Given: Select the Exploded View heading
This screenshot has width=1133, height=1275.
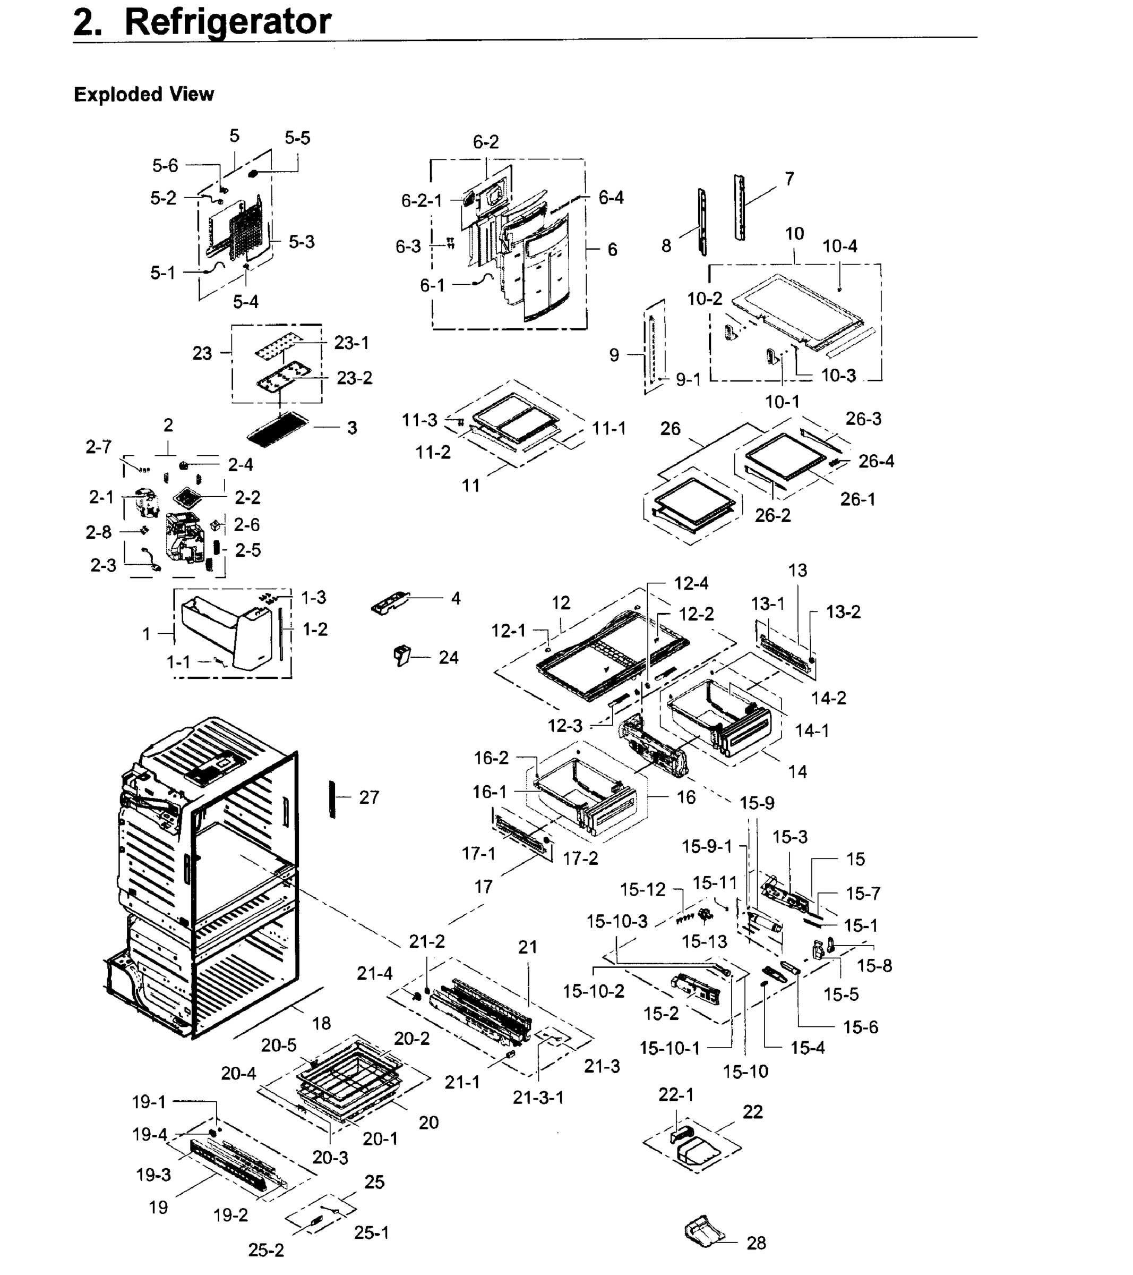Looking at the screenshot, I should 143,94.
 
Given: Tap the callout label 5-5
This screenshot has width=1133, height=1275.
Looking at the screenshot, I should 297,138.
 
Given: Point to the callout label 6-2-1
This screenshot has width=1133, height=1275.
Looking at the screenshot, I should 422,200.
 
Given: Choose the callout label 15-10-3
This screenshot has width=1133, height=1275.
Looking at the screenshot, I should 617,921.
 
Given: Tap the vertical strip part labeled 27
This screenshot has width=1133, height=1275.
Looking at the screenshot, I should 332,798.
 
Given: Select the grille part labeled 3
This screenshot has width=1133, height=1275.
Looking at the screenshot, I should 278,427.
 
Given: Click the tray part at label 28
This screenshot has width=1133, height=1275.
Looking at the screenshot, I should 705,1231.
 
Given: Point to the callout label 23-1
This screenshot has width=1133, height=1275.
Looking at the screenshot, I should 351,343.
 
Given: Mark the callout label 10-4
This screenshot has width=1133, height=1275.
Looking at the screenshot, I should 840,246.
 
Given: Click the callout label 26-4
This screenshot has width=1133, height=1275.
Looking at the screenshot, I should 876,461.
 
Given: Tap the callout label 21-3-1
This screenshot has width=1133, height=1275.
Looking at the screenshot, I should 538,1097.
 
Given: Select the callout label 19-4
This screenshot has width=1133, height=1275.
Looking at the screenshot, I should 150,1134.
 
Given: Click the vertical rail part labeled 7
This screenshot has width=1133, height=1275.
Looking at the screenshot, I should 740,207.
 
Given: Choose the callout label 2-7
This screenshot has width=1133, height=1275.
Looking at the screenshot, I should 99,447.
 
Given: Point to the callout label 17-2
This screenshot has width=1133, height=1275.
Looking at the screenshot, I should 580,858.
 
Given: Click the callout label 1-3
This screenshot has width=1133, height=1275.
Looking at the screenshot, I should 314,598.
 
